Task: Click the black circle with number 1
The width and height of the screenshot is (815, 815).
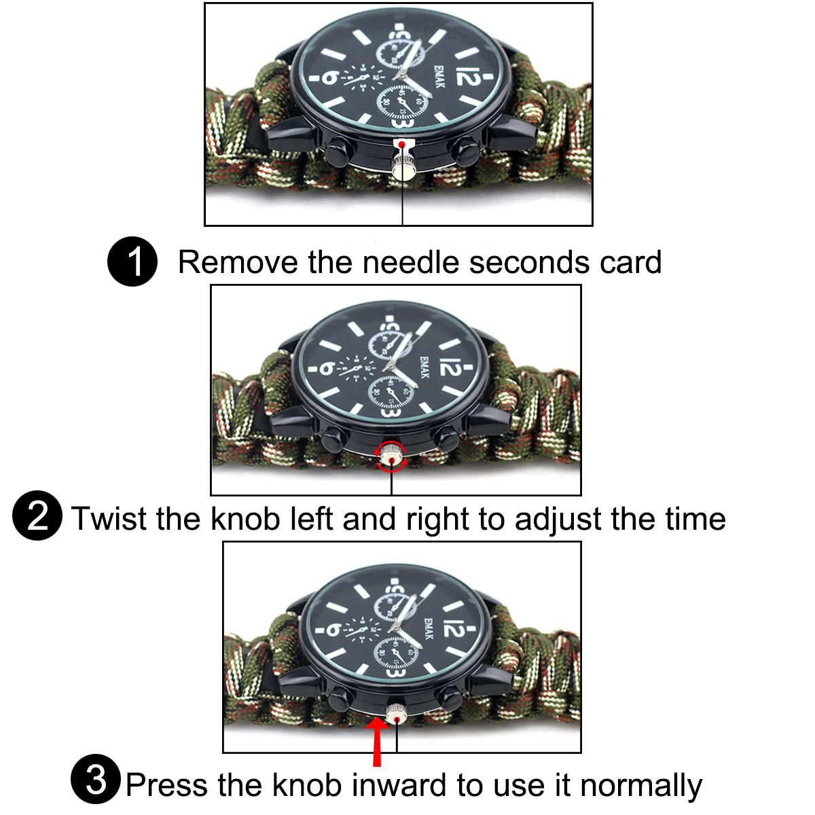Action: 132,261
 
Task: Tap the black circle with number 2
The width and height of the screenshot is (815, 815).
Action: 37,515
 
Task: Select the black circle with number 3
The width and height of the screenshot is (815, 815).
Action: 96,779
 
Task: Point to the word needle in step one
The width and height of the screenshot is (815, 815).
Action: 410,262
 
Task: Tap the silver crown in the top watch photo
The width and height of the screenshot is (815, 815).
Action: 402,166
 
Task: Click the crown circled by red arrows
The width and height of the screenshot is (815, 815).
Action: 391,456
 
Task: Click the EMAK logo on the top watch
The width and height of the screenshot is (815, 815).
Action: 439,75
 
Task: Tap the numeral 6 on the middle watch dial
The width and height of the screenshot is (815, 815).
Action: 328,367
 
